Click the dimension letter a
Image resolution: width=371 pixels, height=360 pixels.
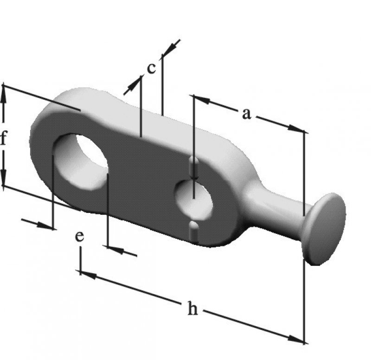pos(246,114)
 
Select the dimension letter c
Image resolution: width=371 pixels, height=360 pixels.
pos(152,68)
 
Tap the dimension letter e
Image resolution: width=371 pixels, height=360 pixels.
pos(79,237)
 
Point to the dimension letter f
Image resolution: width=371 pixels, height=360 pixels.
pos(3,138)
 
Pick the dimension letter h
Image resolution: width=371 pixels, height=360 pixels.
pos(192,308)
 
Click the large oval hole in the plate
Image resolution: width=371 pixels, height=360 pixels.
pos(80,161)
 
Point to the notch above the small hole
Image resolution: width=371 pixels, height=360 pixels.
pos(194,167)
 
